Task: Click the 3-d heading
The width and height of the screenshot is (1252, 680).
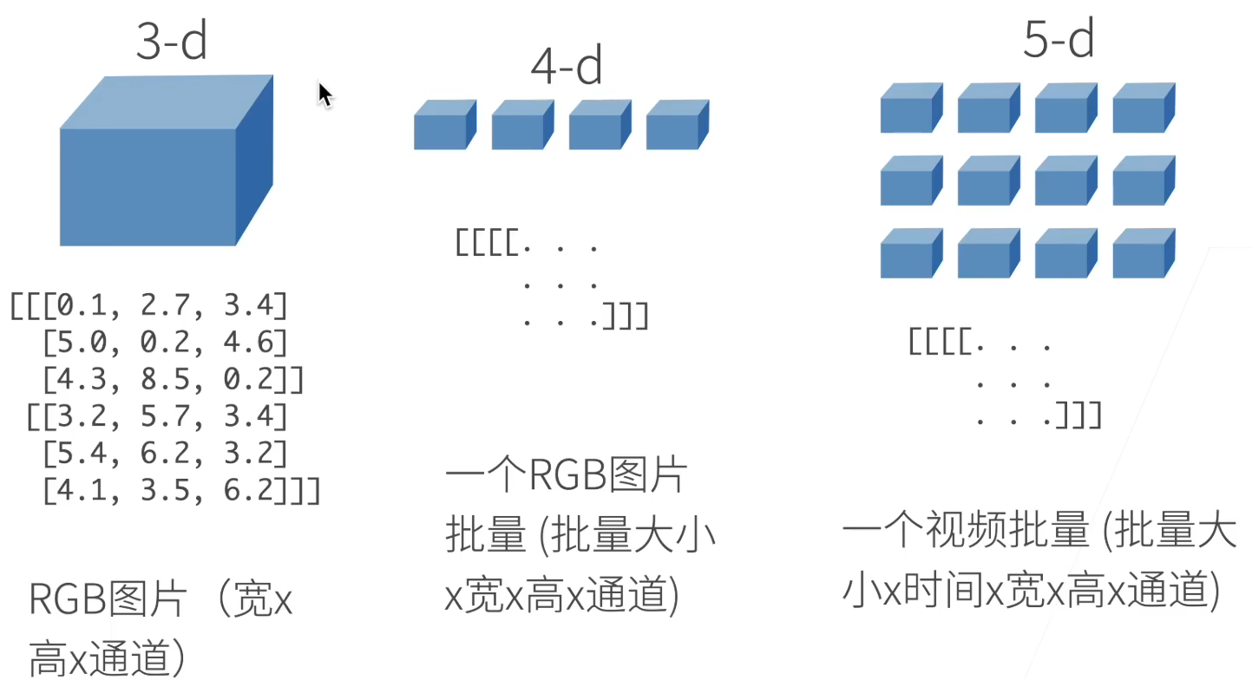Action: (172, 40)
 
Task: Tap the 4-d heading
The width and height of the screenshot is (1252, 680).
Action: (566, 66)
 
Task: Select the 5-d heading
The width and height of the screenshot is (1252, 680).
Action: (1058, 38)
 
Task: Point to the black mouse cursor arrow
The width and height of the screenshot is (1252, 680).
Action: (324, 94)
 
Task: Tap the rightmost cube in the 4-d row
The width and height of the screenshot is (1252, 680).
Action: (677, 125)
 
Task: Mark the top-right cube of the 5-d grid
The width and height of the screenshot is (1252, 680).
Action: (1143, 108)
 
